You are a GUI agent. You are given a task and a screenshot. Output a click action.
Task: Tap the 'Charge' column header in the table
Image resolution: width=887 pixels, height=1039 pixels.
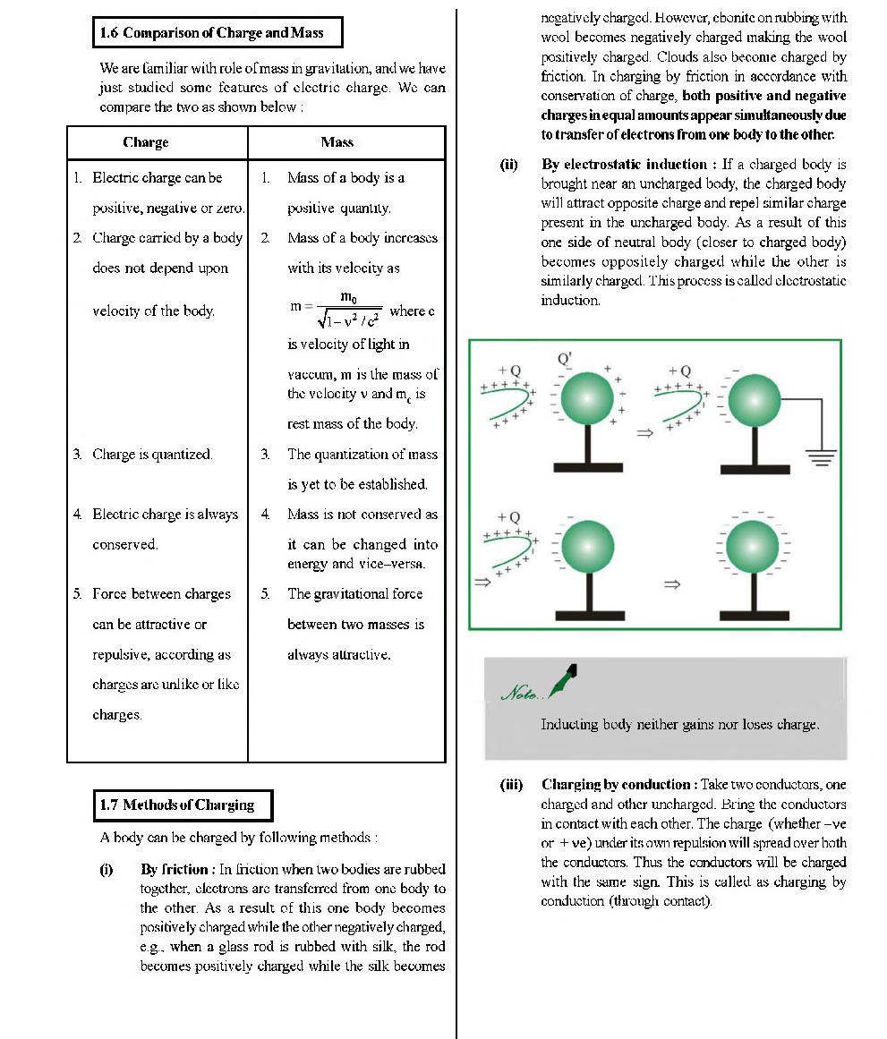coord(145,142)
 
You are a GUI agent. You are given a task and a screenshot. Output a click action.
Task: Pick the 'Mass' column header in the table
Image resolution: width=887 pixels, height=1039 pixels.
coord(337,142)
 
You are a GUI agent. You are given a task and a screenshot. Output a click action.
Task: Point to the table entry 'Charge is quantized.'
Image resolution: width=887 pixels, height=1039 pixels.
coord(152,455)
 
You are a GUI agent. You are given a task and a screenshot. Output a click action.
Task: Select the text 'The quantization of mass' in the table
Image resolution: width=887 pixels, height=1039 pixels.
coord(362,455)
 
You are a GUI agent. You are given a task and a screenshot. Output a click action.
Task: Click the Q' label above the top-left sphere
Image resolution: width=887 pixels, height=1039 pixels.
coord(565,358)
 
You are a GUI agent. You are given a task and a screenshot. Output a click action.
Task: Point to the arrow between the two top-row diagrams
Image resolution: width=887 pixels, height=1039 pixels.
coord(642,434)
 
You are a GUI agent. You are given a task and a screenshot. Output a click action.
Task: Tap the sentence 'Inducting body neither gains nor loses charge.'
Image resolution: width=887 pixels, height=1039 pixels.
coord(679,725)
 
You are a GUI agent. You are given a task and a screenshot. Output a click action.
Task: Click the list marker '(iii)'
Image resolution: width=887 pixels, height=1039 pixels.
coord(511,785)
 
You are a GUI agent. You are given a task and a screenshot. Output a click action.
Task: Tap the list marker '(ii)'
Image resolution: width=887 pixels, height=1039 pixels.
coord(509,165)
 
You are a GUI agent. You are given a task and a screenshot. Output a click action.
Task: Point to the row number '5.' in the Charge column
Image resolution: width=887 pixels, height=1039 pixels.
coord(78,594)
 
